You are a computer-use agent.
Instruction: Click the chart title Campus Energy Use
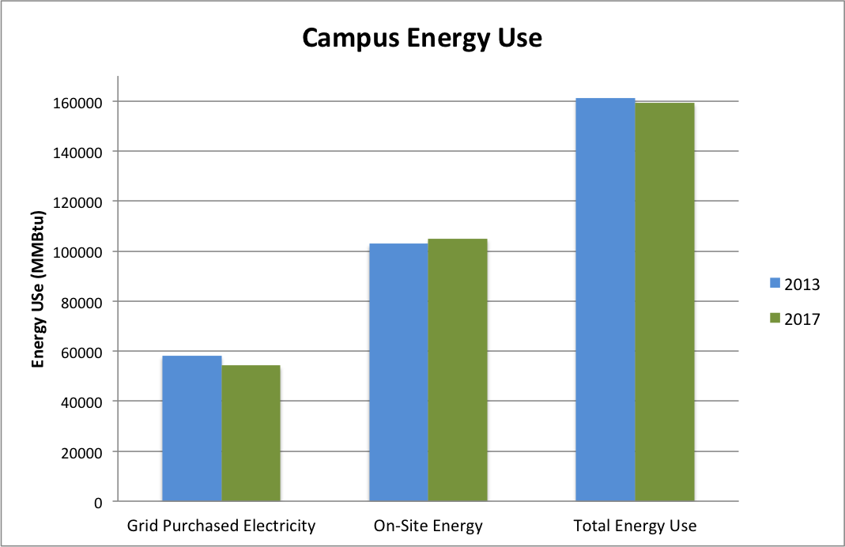click(x=423, y=38)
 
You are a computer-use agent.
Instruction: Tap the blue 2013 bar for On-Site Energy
click(x=398, y=372)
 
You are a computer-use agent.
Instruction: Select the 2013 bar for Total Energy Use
click(x=605, y=300)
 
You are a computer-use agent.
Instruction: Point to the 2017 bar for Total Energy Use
click(x=665, y=302)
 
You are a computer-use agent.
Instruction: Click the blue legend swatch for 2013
click(x=775, y=284)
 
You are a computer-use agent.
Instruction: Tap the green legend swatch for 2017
click(x=775, y=319)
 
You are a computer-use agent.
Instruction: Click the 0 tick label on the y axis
click(x=99, y=502)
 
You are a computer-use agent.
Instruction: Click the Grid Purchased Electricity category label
click(x=221, y=526)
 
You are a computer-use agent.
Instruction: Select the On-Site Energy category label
click(x=428, y=526)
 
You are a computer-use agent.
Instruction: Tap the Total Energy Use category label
click(x=636, y=526)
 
